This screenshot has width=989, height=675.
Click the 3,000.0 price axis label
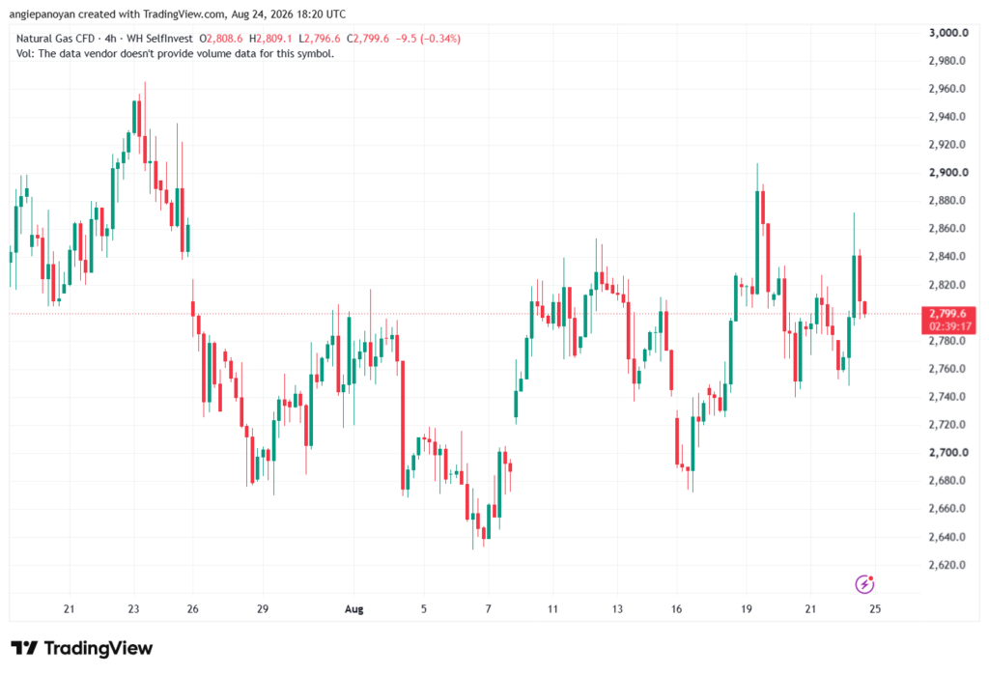tap(948, 33)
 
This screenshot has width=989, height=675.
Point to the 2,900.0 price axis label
tap(948, 172)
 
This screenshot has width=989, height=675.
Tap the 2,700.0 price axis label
tap(948, 452)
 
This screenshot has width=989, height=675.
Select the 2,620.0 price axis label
tap(947, 565)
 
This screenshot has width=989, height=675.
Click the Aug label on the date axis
tap(353, 609)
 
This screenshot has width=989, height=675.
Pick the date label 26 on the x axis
tap(192, 608)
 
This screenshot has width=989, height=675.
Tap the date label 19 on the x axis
tap(747, 608)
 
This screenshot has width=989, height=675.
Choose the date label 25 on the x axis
tap(875, 608)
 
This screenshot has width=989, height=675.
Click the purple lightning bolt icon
tap(864, 584)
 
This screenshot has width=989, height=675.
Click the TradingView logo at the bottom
tap(82, 648)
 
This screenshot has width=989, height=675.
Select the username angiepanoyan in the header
tap(42, 14)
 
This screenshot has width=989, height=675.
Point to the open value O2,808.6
tap(221, 39)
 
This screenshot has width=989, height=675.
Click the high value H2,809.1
tap(270, 39)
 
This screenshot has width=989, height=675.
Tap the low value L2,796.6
tap(319, 39)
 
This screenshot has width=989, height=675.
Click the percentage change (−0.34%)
tap(440, 39)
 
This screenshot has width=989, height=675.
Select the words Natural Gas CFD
tap(55, 39)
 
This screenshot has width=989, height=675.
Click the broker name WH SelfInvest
tap(159, 39)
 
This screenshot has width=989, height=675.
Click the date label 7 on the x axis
tap(488, 608)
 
